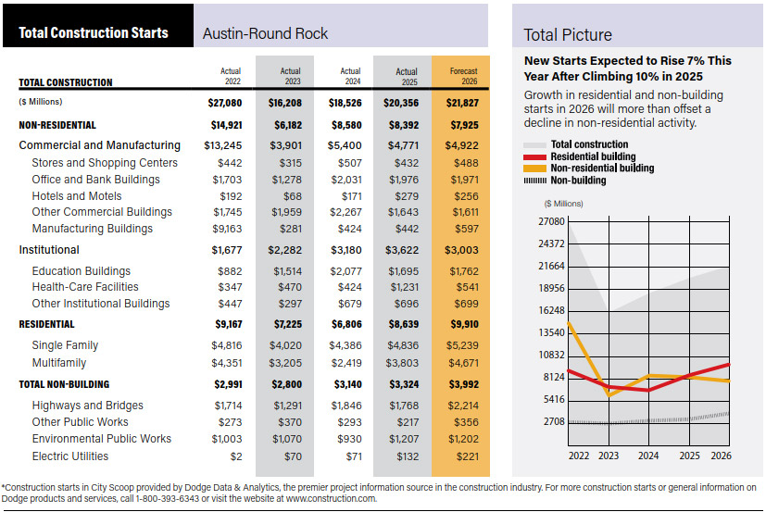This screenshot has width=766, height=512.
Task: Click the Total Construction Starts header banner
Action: point(94,33)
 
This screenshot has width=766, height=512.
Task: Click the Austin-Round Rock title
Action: point(265,34)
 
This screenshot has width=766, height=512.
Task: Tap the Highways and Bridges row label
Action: point(87,405)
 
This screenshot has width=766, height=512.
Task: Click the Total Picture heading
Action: point(567,35)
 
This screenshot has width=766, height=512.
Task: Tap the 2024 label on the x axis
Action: point(648,455)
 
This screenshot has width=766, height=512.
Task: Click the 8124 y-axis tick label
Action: point(553,378)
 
